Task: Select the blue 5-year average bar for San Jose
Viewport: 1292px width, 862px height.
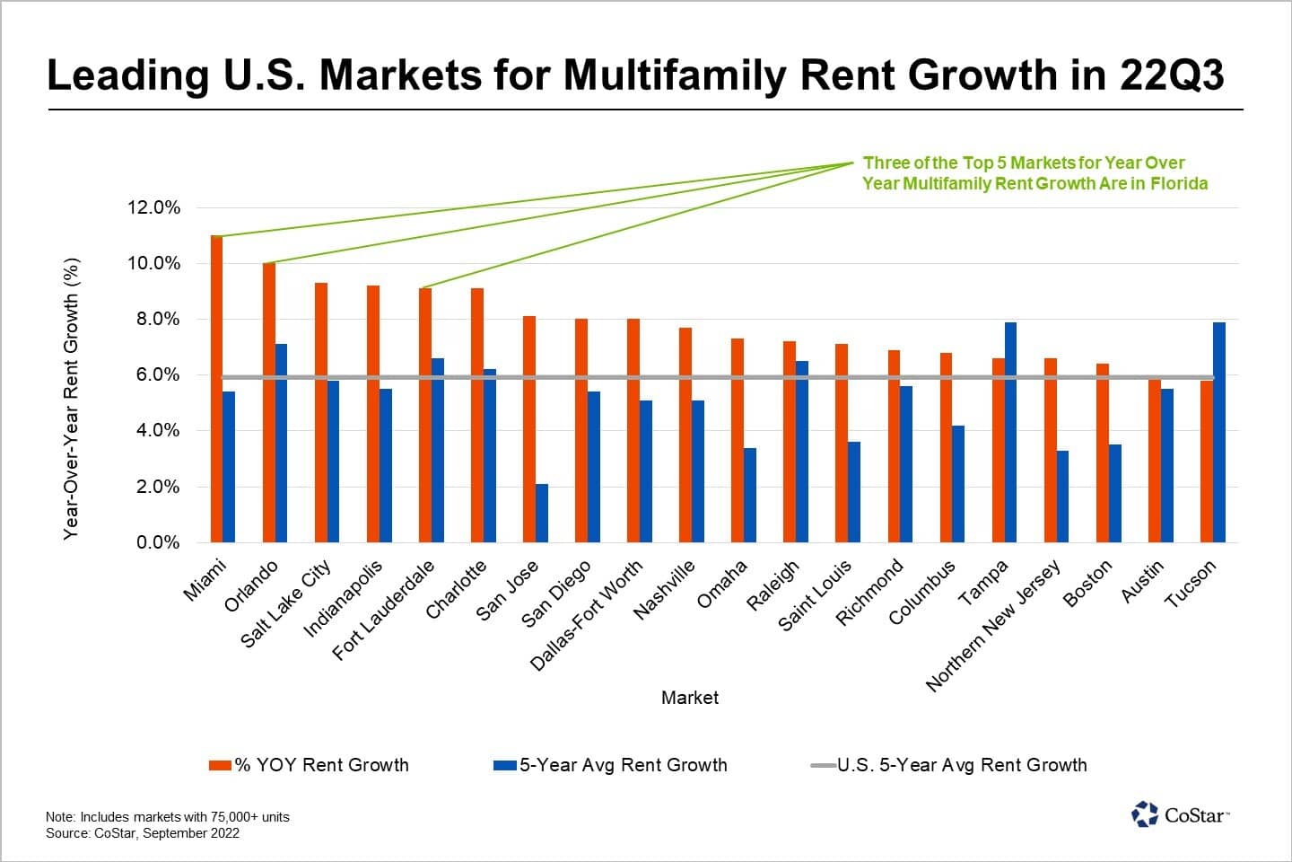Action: coord(542,513)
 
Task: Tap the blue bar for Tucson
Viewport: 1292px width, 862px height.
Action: coord(1219,432)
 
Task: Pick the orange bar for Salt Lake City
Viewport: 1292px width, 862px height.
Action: coord(320,412)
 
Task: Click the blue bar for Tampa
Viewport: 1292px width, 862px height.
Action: coord(1011,432)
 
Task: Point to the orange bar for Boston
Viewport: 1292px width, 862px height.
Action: coord(1103,453)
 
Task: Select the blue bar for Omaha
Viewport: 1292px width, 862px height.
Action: coord(750,495)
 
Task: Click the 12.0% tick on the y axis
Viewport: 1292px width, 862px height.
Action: coord(154,207)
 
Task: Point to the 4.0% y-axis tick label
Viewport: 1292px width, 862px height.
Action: coord(154,431)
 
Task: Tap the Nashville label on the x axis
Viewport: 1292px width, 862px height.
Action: coord(665,590)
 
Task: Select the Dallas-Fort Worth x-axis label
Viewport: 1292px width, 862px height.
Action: coord(587,616)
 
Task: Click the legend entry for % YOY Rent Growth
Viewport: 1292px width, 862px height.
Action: coord(309,765)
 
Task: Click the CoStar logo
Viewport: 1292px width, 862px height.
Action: coord(1180,814)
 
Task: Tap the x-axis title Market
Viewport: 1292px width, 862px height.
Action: coord(689,698)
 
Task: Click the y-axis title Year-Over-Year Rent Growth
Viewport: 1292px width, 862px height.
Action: coord(72,399)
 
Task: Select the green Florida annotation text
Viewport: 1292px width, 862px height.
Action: coord(1034,173)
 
